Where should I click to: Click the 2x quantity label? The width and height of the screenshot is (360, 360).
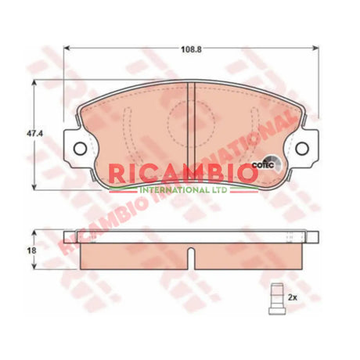pyautogui.click(x=293, y=298)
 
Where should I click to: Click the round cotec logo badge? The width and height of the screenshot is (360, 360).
pyautogui.click(x=265, y=164)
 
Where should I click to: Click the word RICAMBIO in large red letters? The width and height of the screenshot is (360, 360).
pyautogui.click(x=182, y=172)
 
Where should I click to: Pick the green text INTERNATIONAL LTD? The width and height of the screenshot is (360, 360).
pyautogui.click(x=183, y=189)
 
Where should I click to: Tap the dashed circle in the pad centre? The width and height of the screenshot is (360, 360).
pyautogui.click(x=192, y=121)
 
